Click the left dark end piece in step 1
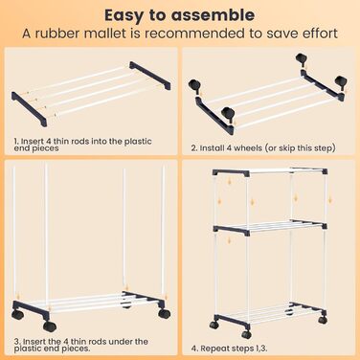30,109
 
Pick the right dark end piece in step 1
149,76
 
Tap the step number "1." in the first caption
16,141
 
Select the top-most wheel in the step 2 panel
301,59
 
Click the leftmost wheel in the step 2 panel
194,86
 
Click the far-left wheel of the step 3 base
17,315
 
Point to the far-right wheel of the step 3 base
164,314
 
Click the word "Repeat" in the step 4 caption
213,349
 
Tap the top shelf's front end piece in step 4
231,172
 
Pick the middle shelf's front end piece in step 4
232,230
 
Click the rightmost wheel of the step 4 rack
323,319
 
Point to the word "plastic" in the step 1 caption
138,141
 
